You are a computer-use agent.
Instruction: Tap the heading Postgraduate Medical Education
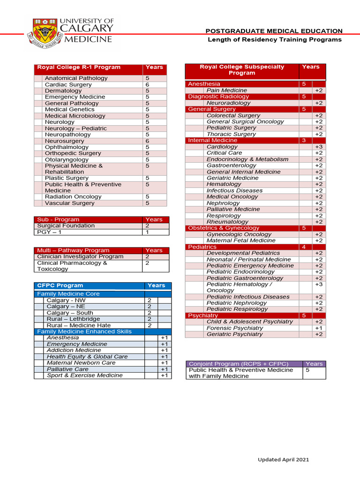click(x=274, y=31)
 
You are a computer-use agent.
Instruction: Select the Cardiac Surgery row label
click(x=68, y=84)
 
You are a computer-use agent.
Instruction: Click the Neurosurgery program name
click(x=65, y=141)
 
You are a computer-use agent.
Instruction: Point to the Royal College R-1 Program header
click(x=79, y=67)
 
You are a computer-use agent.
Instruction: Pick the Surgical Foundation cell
click(x=66, y=225)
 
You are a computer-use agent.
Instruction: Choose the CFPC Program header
click(x=60, y=285)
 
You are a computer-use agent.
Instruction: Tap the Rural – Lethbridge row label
click(x=73, y=319)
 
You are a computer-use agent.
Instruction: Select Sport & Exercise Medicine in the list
click(x=78, y=375)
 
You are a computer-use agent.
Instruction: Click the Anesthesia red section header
click(x=204, y=84)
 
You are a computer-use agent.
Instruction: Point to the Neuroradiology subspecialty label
click(x=229, y=103)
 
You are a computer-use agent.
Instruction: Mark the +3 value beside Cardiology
click(x=319, y=147)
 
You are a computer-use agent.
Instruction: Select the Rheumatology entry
click(x=227, y=222)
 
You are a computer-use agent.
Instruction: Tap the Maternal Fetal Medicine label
click(x=241, y=240)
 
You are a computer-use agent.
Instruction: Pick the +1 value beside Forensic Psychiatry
click(x=319, y=328)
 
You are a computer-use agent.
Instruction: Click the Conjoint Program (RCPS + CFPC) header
click(x=238, y=364)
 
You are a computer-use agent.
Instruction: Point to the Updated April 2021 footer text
click(x=283, y=460)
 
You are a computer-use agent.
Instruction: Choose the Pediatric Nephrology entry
click(x=237, y=303)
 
